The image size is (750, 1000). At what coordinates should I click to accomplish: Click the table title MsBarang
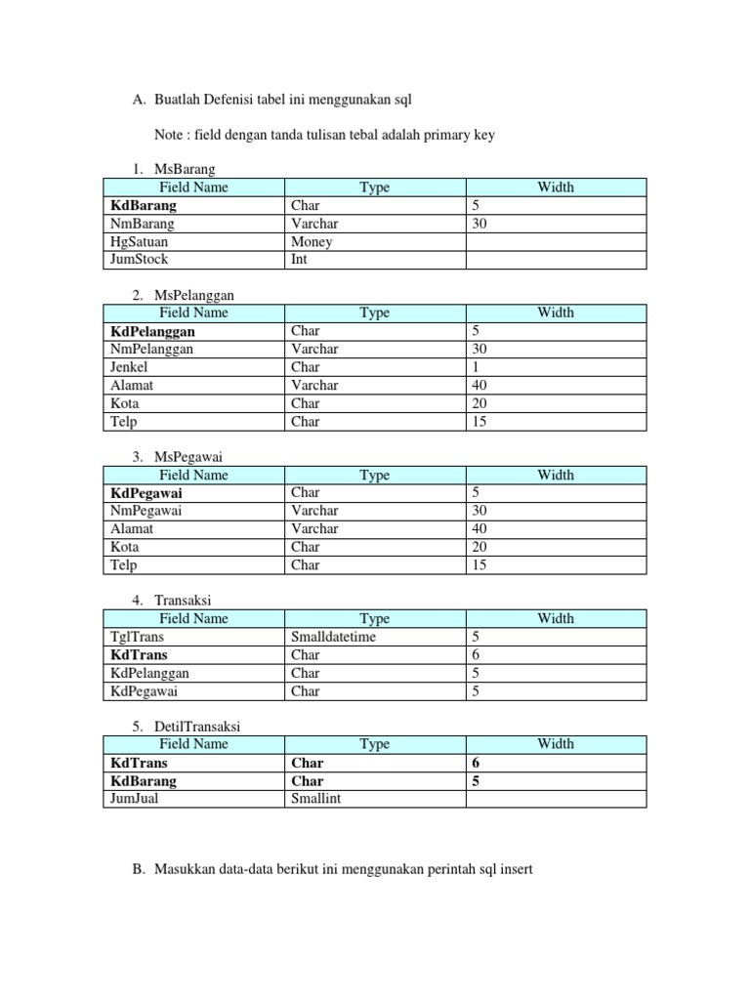185,170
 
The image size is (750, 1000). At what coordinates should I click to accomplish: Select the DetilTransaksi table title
197,727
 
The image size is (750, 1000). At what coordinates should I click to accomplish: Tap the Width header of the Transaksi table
555,618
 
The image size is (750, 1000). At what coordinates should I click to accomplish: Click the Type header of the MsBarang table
374,187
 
